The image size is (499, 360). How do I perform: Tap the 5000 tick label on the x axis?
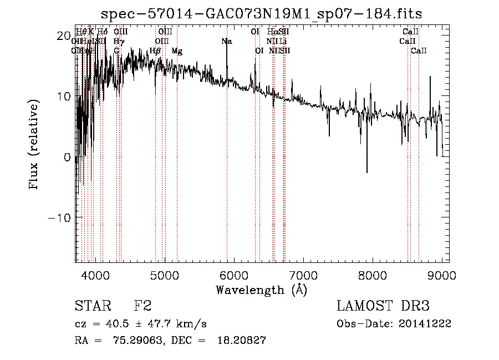point(165,275)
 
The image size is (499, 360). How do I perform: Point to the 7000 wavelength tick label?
point(303,275)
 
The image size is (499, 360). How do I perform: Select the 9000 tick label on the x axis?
point(441,275)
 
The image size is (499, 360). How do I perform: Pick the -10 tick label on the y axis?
point(60,217)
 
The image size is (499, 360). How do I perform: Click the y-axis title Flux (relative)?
point(34,145)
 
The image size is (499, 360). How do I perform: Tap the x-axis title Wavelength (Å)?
point(261,290)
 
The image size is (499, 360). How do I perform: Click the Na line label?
point(226,42)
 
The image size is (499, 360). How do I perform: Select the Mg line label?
point(177,51)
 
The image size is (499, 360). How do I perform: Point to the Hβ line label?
point(155,51)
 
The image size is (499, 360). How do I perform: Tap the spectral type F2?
point(142,306)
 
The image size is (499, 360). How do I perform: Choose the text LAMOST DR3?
point(383,306)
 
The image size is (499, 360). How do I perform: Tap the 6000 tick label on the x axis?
point(234,275)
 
